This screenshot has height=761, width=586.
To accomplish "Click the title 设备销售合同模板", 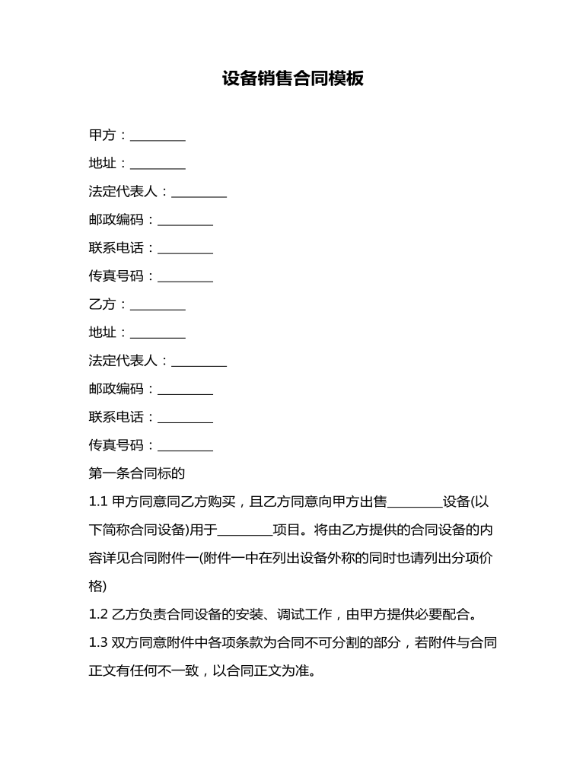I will (x=293, y=79).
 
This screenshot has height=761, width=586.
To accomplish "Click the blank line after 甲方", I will (x=158, y=139).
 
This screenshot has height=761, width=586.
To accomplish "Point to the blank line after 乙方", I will (x=158, y=307).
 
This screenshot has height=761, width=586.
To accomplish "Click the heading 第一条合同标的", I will (x=137, y=473).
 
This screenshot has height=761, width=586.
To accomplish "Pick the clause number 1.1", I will (x=98, y=502).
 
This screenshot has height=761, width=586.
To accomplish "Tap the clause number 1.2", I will (x=98, y=615).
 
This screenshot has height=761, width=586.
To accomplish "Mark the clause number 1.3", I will (x=98, y=643).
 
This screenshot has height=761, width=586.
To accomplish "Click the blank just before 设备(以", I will (x=415, y=505).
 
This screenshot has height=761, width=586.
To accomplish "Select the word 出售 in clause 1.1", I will (x=373, y=502).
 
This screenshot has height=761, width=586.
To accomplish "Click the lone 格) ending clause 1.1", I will (x=97, y=587).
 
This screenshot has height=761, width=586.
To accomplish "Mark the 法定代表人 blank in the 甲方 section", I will (x=199, y=195).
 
